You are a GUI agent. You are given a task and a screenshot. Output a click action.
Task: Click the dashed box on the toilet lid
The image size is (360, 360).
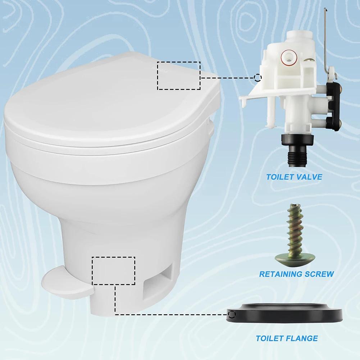coord(179,76)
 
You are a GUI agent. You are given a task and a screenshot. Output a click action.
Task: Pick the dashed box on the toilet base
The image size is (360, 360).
coord(114,271)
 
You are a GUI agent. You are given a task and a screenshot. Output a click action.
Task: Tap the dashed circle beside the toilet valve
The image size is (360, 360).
coord(258,77)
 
